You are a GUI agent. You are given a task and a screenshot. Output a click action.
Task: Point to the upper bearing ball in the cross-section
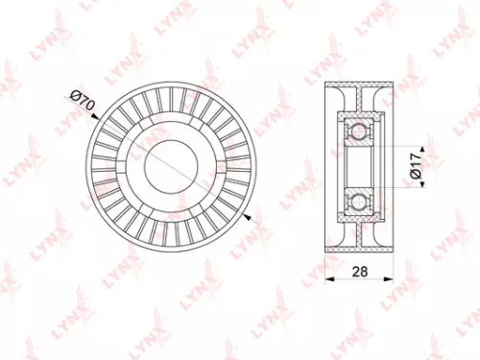pyautogui.click(x=358, y=129)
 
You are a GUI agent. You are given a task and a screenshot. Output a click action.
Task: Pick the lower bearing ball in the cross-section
pyautogui.click(x=358, y=200)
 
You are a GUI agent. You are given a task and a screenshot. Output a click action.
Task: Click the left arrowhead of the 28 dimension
pyautogui.click(x=330, y=279)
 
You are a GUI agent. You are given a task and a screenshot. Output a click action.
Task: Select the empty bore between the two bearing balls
pyautogui.click(x=358, y=164)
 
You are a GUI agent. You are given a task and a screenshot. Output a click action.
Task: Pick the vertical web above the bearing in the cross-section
pyautogui.click(x=358, y=104)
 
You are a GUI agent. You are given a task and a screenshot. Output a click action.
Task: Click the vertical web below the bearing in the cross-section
pyautogui.click(x=358, y=226)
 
